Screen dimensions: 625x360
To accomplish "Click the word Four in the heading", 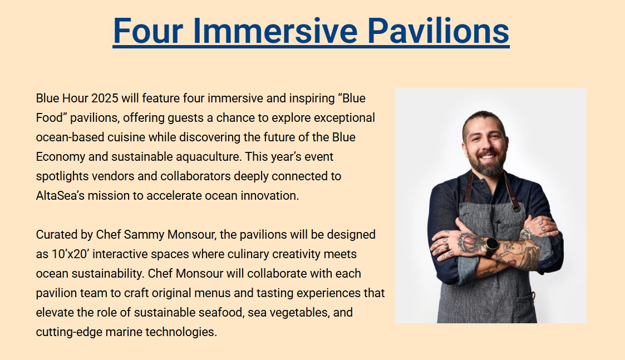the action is coord(148,31).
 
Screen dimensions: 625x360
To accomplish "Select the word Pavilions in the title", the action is coord(438,31).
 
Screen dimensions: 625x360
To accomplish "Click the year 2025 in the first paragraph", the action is coord(105,98).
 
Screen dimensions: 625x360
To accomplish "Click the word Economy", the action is coord(60,157).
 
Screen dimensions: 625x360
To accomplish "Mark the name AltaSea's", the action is coord(60,196).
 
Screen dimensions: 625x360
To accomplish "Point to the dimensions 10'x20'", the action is coord(71,254).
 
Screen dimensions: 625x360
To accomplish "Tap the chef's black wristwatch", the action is coord(491,245).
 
